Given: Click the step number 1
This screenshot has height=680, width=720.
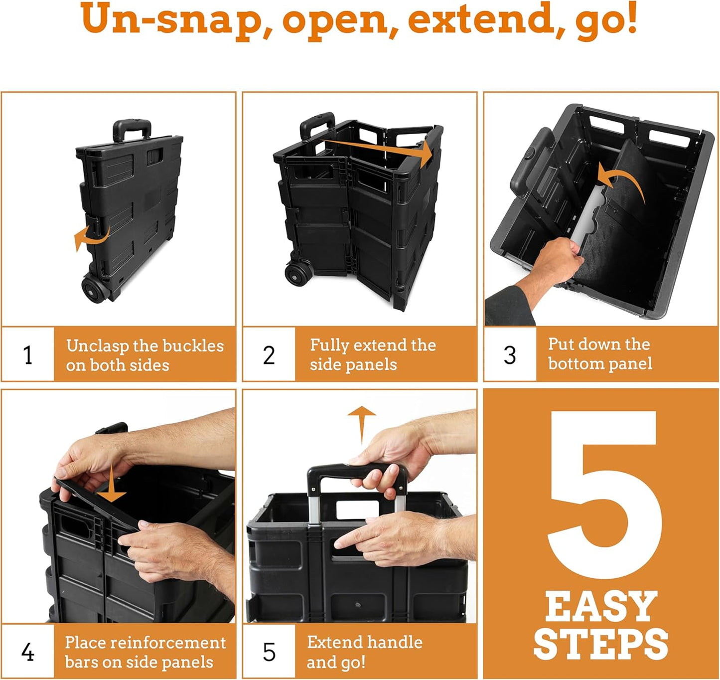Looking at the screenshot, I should (x=28, y=355).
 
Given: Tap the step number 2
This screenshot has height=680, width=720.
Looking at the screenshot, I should (x=269, y=355).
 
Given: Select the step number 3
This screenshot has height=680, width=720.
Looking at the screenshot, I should (x=510, y=355).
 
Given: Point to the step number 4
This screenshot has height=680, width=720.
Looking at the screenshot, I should (x=28, y=652).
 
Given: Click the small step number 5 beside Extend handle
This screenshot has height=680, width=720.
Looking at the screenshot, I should (x=269, y=652).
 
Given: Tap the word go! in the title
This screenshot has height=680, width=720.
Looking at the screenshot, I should (x=606, y=21).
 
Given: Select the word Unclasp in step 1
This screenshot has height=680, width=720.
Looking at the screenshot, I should (x=98, y=345).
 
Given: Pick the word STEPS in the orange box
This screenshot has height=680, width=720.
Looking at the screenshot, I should (x=601, y=644).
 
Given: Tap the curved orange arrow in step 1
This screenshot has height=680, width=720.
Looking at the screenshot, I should (x=90, y=237).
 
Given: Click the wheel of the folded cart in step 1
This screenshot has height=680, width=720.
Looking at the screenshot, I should (x=94, y=290).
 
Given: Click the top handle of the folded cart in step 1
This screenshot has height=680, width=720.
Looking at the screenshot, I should (x=132, y=128).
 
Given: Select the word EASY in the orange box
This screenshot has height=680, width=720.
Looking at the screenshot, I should (x=601, y=607).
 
